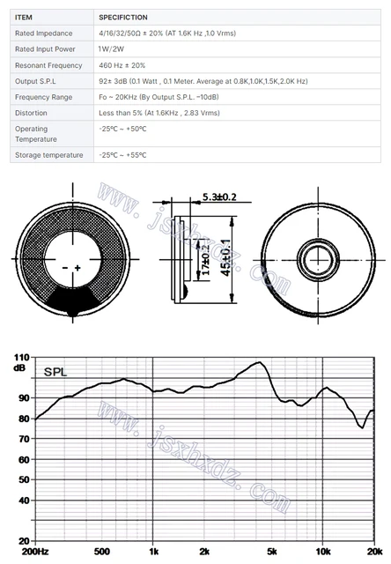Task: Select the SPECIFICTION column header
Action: [123, 16]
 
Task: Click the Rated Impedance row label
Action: [41, 33]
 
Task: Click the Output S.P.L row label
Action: [36, 81]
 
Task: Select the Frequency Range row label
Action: [43, 97]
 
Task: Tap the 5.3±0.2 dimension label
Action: [220, 197]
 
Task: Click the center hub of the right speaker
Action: [314, 258]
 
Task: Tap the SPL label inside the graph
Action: [55, 372]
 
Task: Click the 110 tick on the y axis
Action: [20, 358]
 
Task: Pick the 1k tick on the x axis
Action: [153, 552]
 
